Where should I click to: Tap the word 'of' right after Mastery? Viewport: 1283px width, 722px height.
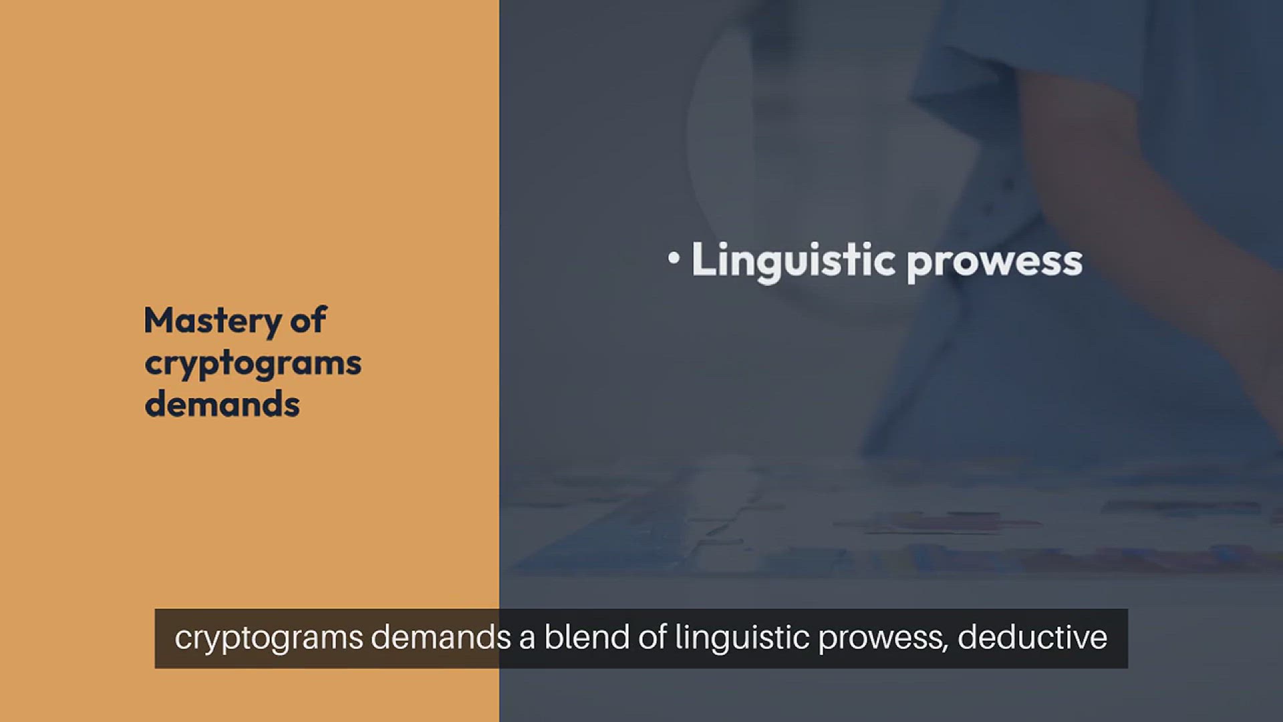(x=308, y=320)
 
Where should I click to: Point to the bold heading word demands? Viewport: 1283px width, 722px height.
(x=222, y=404)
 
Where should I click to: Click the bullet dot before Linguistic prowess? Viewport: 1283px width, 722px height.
(x=674, y=258)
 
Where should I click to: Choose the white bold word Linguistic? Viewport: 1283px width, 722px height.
(x=793, y=261)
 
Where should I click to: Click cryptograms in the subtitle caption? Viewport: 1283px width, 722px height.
(x=269, y=639)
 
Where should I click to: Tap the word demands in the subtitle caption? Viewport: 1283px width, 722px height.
(x=441, y=637)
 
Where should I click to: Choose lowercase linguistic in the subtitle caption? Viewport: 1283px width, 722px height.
(x=742, y=639)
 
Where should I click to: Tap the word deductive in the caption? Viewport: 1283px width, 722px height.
(x=1032, y=637)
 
